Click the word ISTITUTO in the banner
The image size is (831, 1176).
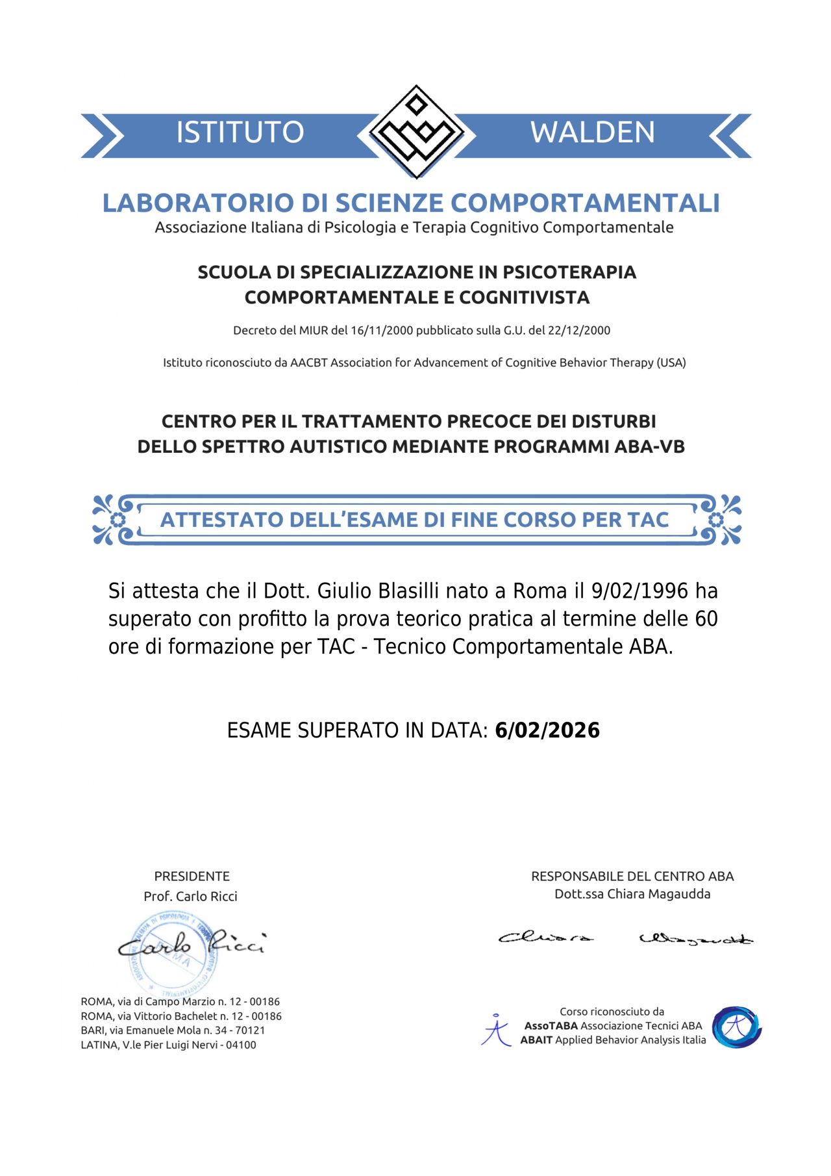240,133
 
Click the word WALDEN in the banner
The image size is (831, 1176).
592,133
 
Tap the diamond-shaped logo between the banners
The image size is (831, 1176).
416,132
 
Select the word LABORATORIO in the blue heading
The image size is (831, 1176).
198,203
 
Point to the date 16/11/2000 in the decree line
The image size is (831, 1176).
382,330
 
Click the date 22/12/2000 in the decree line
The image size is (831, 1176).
579,330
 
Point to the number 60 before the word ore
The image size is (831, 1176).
706,619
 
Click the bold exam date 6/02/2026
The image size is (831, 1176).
547,730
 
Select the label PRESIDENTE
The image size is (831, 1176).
192,876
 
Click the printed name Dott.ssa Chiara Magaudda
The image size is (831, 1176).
632,894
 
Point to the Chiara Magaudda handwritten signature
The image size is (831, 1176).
625,938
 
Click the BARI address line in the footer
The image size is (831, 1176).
173,1030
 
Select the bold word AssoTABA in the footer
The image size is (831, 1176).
551,1026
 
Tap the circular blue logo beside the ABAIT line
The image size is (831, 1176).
736,1027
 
